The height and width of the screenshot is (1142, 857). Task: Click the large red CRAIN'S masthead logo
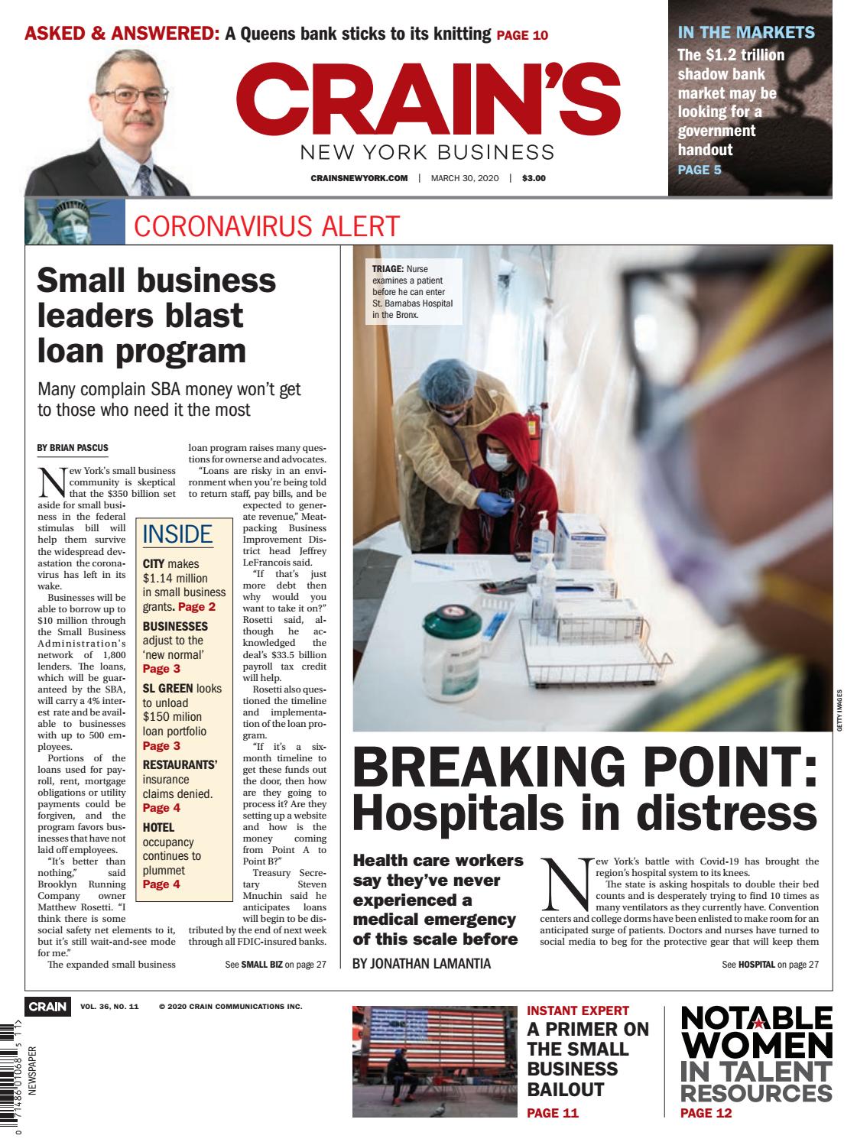(428, 99)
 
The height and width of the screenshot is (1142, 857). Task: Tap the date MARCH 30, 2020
(464, 179)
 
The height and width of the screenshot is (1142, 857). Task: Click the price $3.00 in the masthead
(534, 179)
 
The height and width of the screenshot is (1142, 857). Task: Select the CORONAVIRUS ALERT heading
(266, 226)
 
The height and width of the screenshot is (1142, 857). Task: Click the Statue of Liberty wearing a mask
(67, 222)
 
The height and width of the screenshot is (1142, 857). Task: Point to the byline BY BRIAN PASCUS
(73, 447)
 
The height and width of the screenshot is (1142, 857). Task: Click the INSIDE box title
(177, 534)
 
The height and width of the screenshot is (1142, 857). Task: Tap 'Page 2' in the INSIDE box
(196, 607)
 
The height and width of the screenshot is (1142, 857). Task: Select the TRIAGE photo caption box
(413, 290)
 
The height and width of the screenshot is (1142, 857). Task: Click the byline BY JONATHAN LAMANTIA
(421, 964)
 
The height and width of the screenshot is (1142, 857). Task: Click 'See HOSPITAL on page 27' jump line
(770, 965)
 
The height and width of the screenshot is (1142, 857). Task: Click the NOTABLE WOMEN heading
(755, 1031)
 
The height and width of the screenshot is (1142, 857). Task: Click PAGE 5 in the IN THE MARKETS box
(699, 170)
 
